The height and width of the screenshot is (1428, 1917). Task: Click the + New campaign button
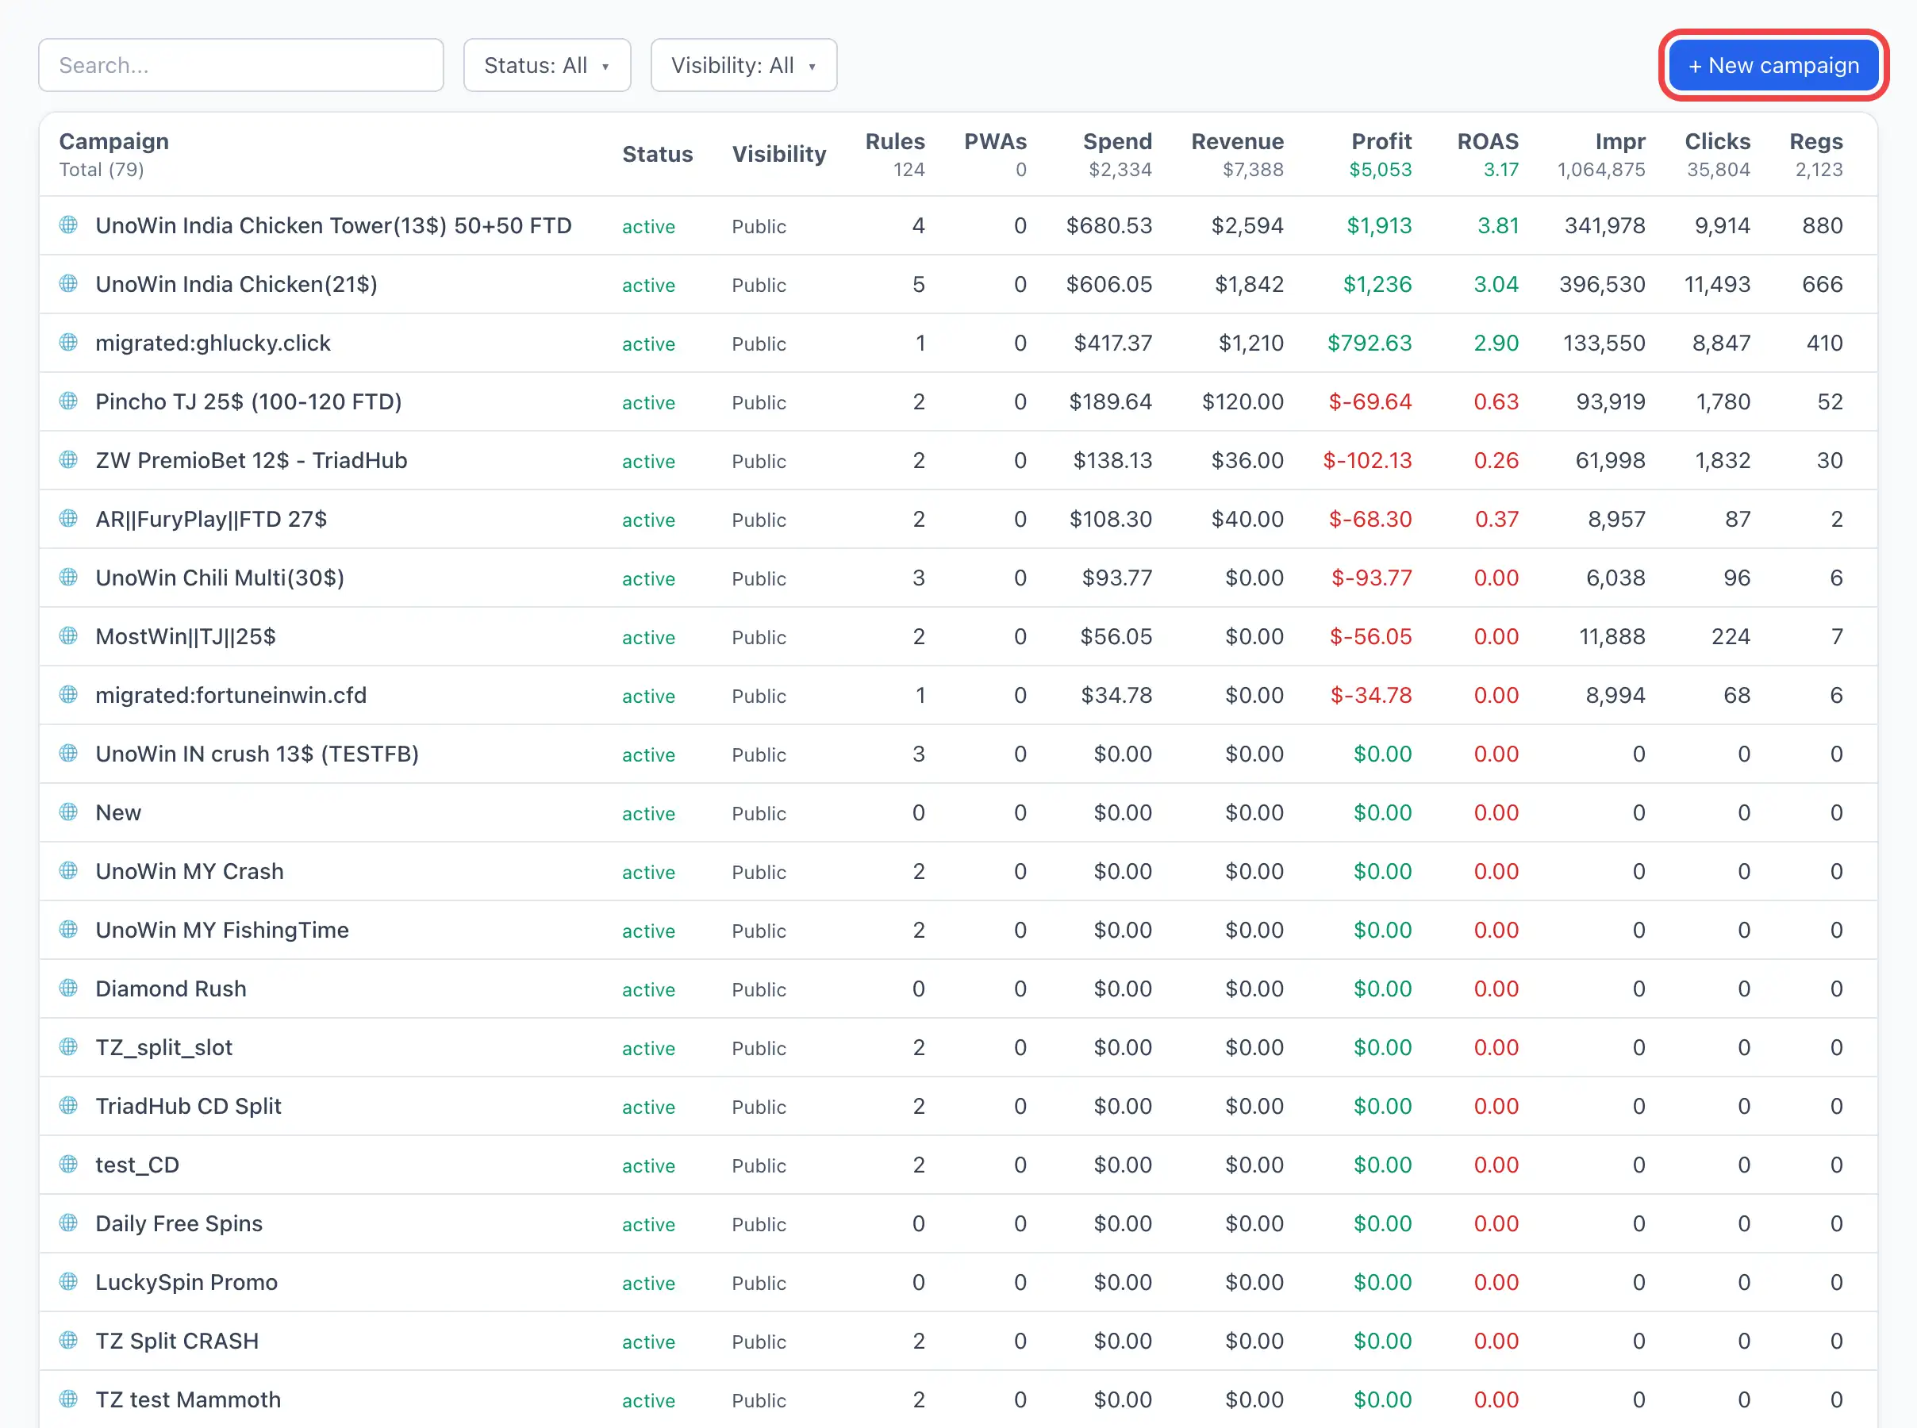tap(1773, 66)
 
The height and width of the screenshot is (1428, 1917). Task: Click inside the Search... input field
tap(241, 65)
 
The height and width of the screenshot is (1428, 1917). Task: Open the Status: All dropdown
tap(547, 65)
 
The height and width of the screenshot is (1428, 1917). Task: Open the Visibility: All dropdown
tap(743, 65)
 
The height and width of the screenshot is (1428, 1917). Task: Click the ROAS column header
tap(1488, 141)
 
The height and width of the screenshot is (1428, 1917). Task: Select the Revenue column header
tap(1237, 141)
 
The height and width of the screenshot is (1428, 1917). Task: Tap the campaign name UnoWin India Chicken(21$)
tap(236, 284)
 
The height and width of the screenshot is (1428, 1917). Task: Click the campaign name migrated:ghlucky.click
tap(213, 344)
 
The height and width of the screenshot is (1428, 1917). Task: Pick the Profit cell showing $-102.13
tap(1367, 461)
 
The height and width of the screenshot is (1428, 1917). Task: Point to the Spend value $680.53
tap(1109, 225)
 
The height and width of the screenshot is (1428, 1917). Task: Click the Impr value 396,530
tap(1601, 284)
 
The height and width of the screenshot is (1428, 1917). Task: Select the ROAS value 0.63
tap(1496, 402)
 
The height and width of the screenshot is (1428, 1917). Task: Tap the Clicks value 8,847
tap(1721, 344)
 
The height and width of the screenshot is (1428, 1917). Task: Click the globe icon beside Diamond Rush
tap(68, 987)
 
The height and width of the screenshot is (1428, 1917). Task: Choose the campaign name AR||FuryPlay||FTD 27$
tap(211, 520)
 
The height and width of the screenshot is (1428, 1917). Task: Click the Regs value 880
tap(1822, 225)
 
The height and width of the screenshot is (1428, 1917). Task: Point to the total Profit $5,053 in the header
tap(1381, 170)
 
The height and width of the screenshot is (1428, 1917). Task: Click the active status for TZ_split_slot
tap(648, 1049)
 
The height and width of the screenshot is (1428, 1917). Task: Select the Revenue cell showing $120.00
tap(1242, 402)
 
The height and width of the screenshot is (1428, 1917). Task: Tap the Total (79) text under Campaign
tap(101, 170)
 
